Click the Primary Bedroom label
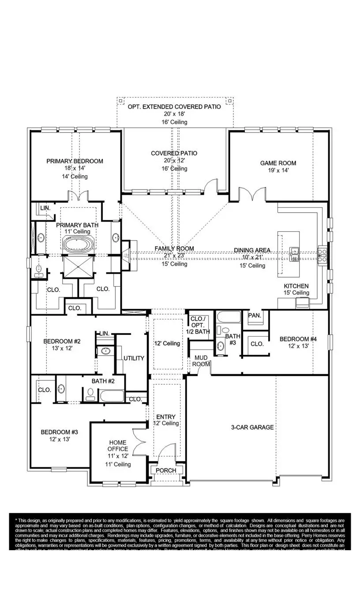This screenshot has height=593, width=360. click(75, 161)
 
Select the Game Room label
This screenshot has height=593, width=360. click(278, 163)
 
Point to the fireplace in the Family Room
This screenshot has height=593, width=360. click(126, 255)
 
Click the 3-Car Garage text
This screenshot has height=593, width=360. click(253, 427)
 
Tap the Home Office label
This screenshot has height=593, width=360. click(117, 446)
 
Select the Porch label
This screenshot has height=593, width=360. click(166, 470)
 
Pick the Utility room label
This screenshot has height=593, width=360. click(134, 358)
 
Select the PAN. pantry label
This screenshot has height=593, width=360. click(254, 315)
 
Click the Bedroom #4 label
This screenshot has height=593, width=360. click(298, 339)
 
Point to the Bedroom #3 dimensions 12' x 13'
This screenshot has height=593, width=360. click(56, 439)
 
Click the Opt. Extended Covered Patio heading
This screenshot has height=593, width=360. click(174, 107)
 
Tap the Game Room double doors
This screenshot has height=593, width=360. click(252, 193)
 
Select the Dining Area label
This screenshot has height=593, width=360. click(252, 250)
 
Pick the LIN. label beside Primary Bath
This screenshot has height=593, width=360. click(45, 207)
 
